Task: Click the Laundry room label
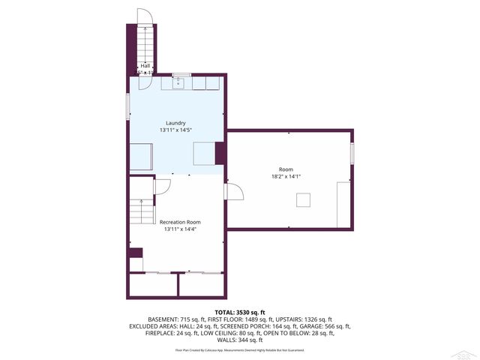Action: pos(175,123)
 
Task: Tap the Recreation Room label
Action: pos(179,222)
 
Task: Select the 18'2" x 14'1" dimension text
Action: pos(286,177)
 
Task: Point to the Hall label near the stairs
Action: pos(145,66)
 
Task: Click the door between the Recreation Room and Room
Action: pos(233,192)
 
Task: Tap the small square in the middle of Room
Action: pos(303,199)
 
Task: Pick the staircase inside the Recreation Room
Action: pos(136,212)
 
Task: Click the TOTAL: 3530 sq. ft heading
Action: pos(240,311)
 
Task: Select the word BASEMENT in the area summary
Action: pos(163,319)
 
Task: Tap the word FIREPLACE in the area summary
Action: pos(161,333)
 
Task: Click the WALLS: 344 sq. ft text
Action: pos(240,340)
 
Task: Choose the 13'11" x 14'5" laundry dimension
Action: pos(175,130)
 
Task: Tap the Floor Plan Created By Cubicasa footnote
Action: pos(240,350)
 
